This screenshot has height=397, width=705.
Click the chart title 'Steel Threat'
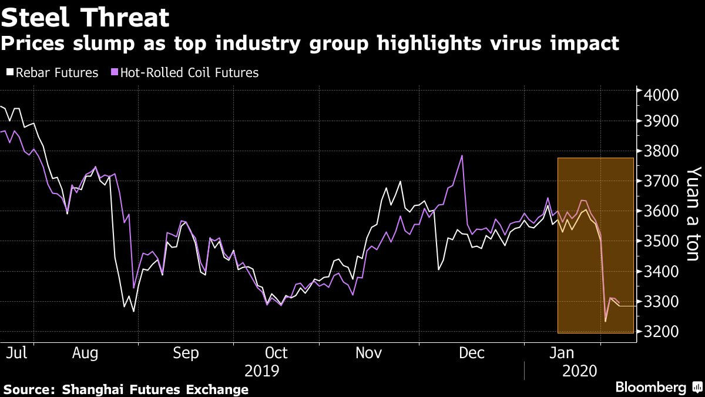86,18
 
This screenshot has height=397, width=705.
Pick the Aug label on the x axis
85,353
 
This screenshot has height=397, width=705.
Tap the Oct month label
276,353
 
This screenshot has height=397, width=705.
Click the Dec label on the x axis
472,353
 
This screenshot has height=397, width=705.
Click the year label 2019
261,372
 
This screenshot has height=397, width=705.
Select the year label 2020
580,372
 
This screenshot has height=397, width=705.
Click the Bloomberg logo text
650,388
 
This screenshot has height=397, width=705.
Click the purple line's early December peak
462,156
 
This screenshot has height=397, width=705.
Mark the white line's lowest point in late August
133,311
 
